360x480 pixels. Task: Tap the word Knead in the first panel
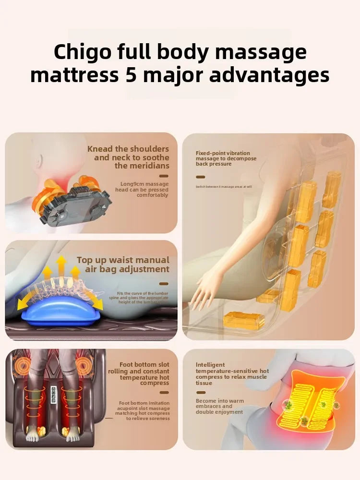pos(100,149)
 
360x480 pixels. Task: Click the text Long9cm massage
pos(144,184)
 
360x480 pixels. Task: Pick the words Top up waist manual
pos(123,260)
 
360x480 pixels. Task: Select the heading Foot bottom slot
pos(144,365)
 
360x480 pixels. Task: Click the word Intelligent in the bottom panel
pos(210,365)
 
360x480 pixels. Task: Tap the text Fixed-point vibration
pos(223,153)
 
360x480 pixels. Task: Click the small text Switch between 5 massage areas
pos(224,187)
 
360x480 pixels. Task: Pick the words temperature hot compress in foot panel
pos(144,380)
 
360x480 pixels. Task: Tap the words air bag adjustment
pos(127,269)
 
